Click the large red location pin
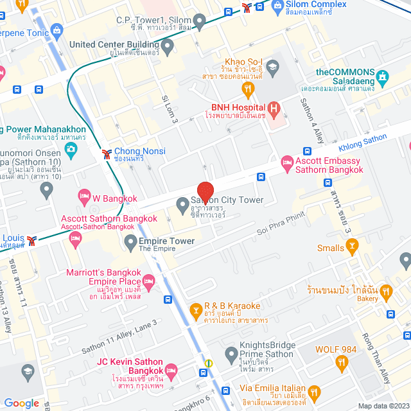(205, 193)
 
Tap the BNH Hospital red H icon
(275, 109)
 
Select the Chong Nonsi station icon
(105, 154)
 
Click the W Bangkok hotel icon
(83, 195)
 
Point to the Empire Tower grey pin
(129, 241)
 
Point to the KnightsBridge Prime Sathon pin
(231, 353)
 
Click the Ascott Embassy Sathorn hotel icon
(287, 166)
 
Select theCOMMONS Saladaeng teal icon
(383, 78)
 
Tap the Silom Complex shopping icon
(277, 7)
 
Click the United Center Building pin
(168, 46)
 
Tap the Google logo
(21, 403)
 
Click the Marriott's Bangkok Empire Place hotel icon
(149, 281)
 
